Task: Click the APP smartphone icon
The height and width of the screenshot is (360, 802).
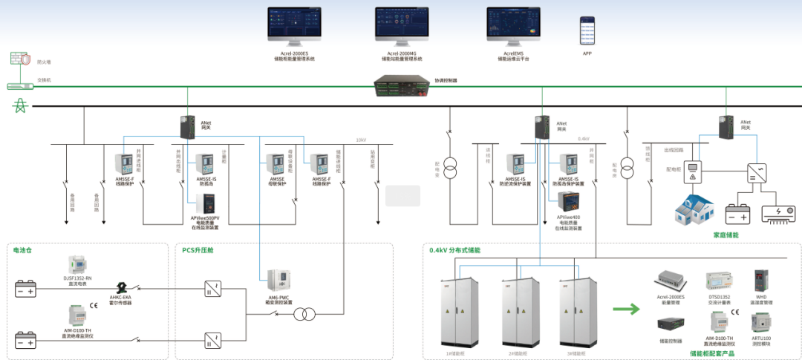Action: pyautogui.click(x=587, y=33)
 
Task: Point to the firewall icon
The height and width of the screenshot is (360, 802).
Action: pyautogui.click(x=19, y=58)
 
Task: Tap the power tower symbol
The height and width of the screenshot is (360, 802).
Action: pyautogui.click(x=19, y=106)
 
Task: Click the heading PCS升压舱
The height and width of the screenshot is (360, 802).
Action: pyautogui.click(x=197, y=250)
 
